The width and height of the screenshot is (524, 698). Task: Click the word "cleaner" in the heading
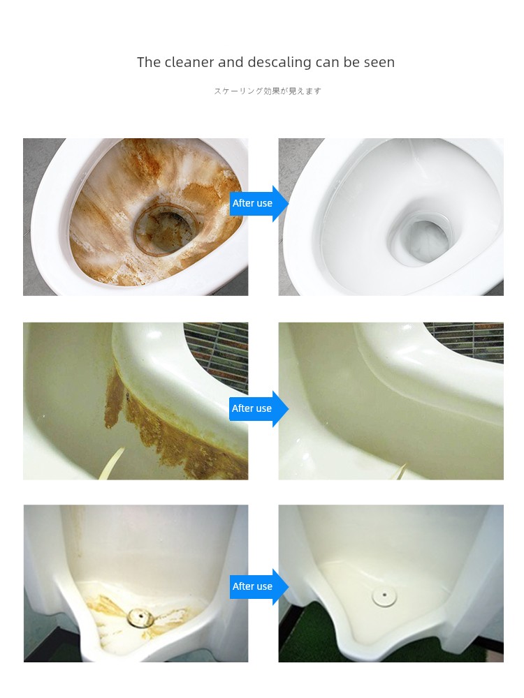click(189, 62)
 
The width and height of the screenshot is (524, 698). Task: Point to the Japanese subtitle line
click(268, 91)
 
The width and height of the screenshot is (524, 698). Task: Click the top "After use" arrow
click(259, 203)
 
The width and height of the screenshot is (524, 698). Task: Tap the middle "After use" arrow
click(259, 408)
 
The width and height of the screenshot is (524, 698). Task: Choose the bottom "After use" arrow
click(259, 587)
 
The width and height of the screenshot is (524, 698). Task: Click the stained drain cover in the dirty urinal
click(140, 617)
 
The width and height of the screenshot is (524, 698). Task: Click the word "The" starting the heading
click(149, 62)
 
